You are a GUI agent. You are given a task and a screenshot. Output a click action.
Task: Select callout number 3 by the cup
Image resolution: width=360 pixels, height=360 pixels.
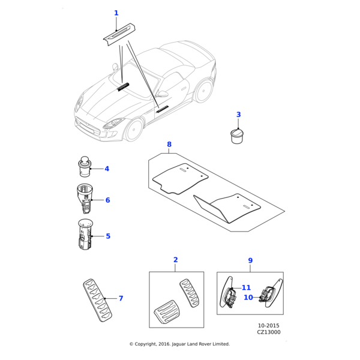(x=238, y=115)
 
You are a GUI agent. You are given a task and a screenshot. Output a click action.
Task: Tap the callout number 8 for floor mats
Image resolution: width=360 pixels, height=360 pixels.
(x=169, y=145)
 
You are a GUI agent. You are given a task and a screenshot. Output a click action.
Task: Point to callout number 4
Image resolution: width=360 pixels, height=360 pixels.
(x=107, y=169)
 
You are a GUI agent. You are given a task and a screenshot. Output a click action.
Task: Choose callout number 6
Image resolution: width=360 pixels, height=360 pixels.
(x=107, y=200)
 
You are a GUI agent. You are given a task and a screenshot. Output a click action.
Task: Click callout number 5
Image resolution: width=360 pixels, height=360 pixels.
(x=108, y=236)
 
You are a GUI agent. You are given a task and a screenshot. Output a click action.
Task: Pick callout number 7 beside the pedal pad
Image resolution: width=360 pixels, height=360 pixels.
(x=121, y=298)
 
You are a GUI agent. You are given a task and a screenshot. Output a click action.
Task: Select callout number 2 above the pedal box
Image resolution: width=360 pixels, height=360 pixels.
(x=176, y=260)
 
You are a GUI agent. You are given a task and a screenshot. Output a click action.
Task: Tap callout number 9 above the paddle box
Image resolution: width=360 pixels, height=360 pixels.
(x=250, y=260)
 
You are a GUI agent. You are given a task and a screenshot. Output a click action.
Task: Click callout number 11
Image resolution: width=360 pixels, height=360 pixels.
(x=246, y=288)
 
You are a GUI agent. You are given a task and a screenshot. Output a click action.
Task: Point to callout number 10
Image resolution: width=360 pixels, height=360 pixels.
(x=248, y=297)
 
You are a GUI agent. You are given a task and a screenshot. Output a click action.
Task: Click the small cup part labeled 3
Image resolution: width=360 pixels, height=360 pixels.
(x=238, y=134)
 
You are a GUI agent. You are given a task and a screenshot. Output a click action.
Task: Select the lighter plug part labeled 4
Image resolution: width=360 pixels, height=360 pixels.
(x=85, y=166)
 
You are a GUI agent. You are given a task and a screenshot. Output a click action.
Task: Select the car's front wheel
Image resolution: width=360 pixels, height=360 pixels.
(x=133, y=129)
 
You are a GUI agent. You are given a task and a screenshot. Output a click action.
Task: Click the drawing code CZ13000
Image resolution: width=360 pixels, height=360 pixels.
(x=269, y=332)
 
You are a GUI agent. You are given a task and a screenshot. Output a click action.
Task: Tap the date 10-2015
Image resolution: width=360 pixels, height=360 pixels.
(x=269, y=325)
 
